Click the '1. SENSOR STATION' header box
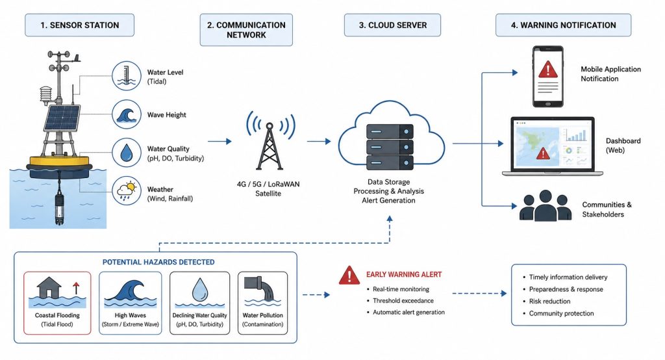80,25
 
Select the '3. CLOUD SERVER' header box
392,25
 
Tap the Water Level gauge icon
127,76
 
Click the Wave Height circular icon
127,114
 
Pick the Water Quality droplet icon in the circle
127,153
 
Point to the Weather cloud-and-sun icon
127,190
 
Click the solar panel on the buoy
62,118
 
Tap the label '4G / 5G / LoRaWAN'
268,185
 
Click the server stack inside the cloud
390,146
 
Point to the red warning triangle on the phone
548,69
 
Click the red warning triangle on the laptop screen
543,153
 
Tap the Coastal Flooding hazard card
57,303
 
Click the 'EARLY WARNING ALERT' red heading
404,275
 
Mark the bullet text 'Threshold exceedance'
403,301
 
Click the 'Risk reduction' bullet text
549,301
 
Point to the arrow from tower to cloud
319,142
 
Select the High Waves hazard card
130,303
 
